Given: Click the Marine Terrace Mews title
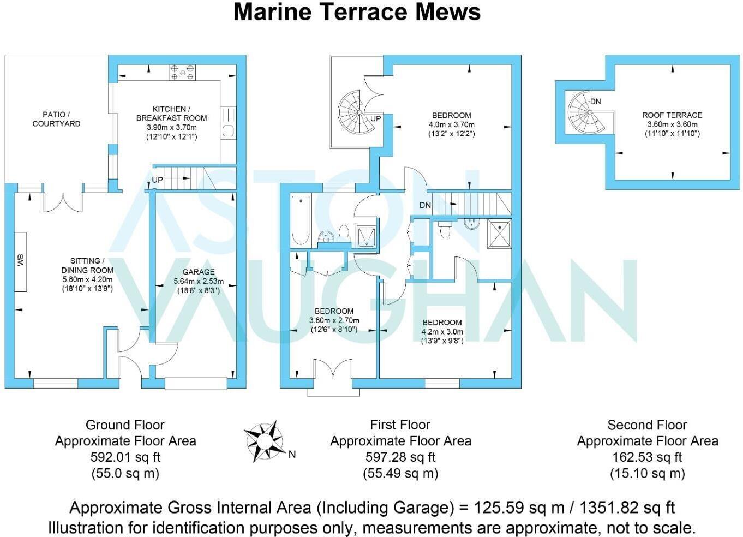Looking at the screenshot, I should point(357,12).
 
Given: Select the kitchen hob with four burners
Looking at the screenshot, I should point(182,73).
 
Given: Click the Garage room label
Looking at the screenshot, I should point(199,272).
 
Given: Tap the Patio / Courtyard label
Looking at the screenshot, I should point(56,119).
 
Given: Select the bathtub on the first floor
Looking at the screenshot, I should point(300,220).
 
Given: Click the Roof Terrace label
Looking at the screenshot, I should point(672,115).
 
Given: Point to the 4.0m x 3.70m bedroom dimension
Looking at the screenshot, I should point(452,124).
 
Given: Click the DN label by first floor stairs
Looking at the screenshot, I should point(425,205).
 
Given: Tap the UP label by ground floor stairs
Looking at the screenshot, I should point(157,180).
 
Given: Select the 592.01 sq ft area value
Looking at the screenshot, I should point(125,457).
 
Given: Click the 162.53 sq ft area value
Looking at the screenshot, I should point(647,457).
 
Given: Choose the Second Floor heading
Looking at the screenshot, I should point(647,425).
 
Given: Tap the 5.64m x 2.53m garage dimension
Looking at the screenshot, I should point(199,281).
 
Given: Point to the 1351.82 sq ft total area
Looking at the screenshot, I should point(622,508).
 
